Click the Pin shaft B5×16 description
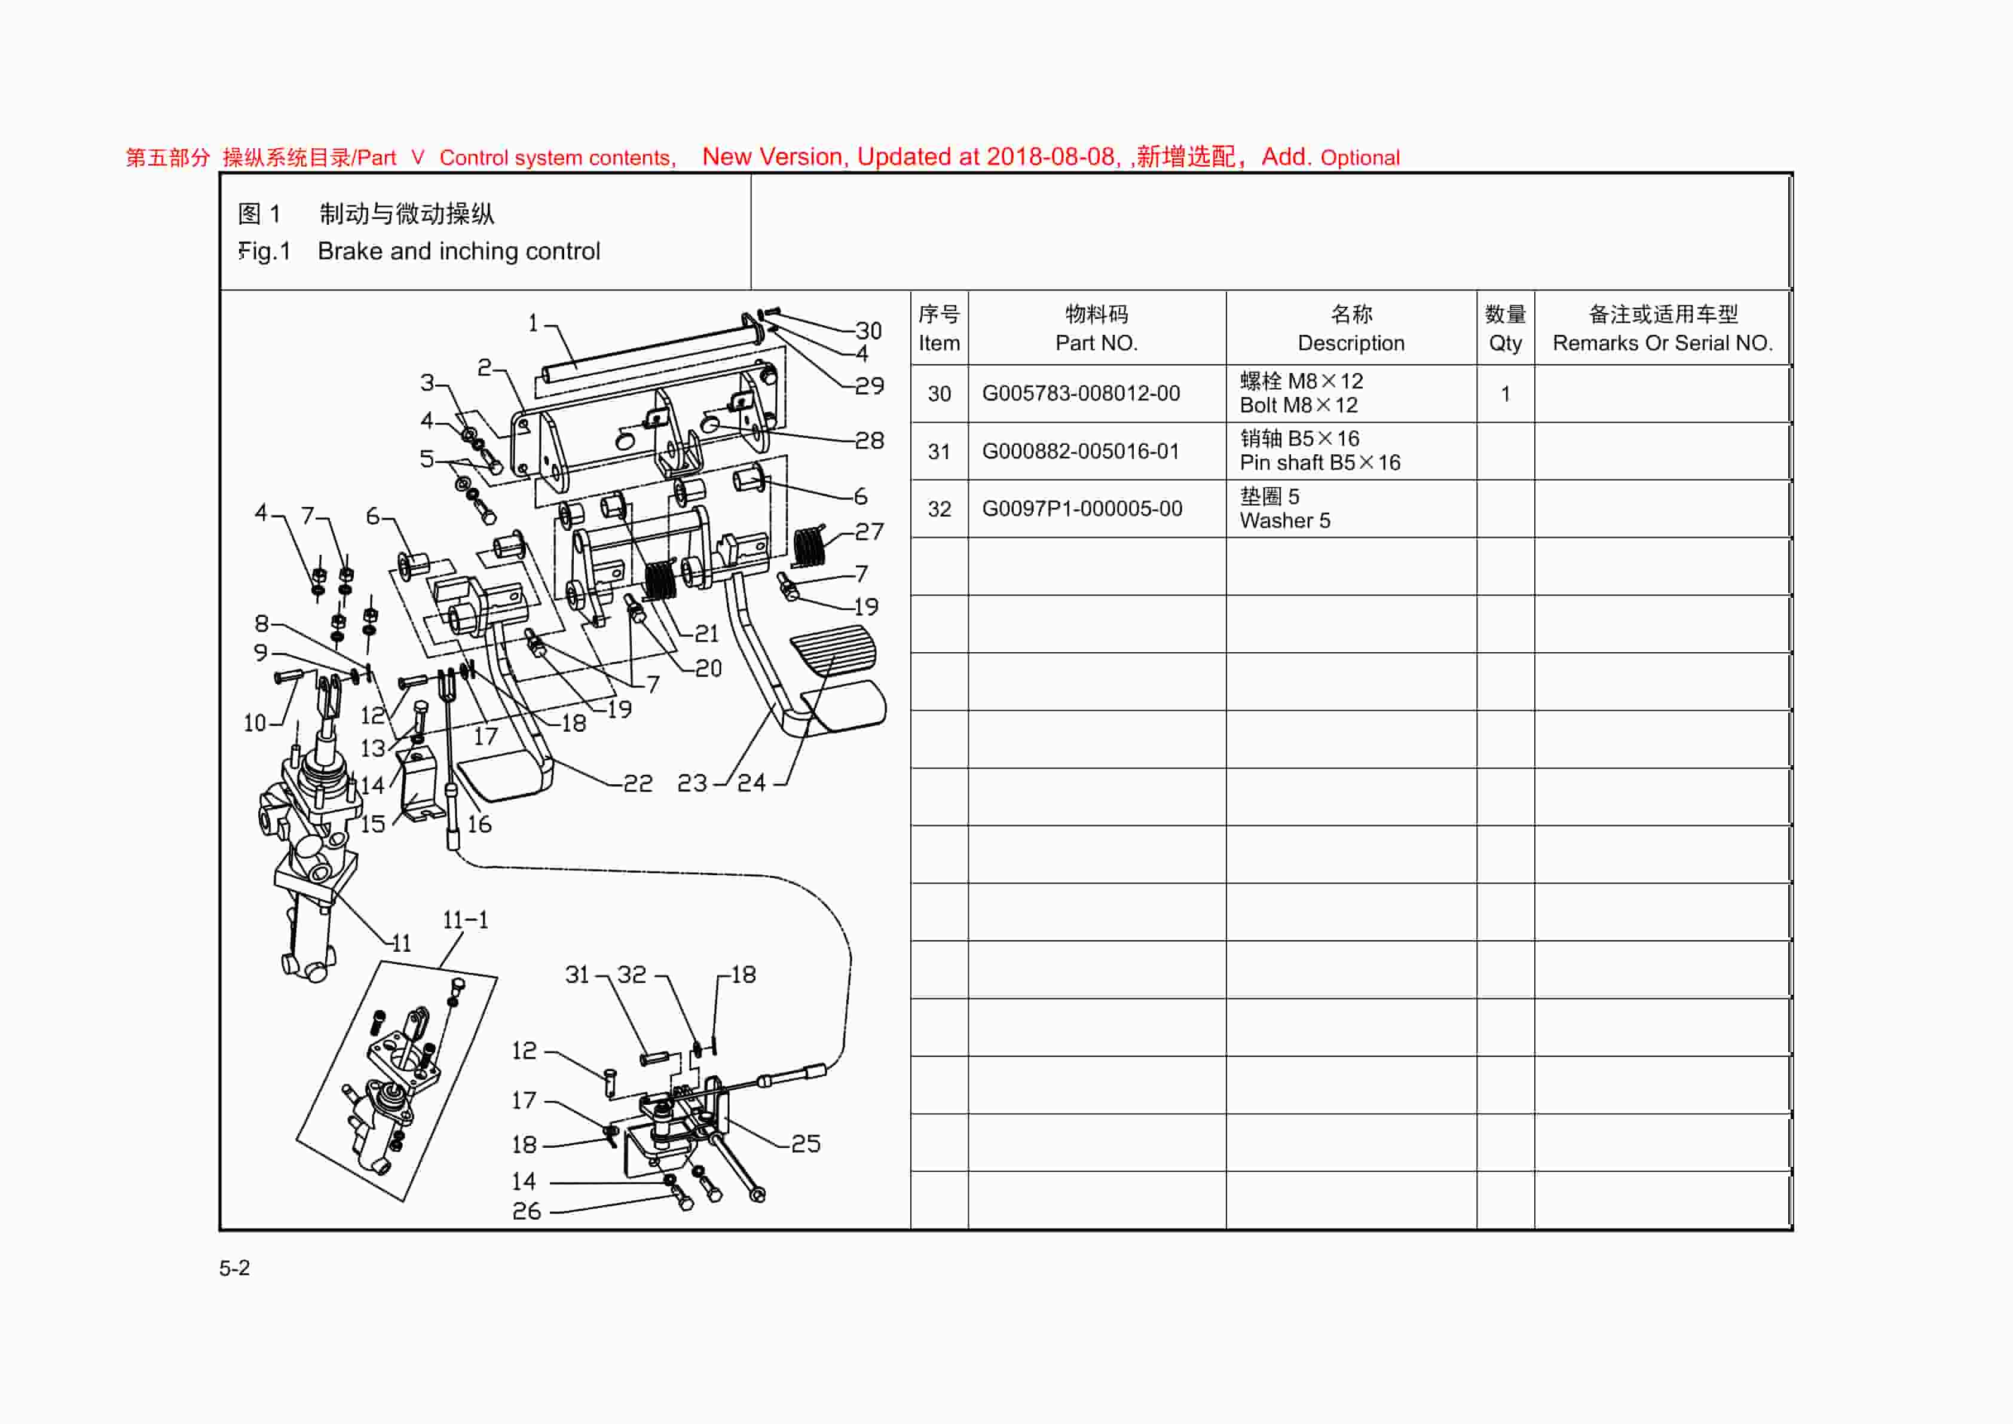pos(1320,462)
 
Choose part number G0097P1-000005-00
pos(1081,509)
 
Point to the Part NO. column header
pos(1096,343)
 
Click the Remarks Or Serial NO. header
pos(1662,343)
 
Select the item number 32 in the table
pos(939,509)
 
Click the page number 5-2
pos(234,1268)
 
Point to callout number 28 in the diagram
pos(869,440)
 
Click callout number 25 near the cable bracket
pos(806,1144)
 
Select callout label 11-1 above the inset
pos(464,920)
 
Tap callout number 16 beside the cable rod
pos(479,824)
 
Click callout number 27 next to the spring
pos(869,531)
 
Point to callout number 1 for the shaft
pos(532,323)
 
